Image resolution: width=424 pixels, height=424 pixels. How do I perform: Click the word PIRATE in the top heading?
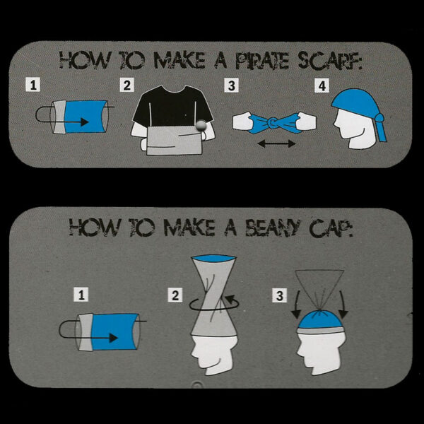[262, 60]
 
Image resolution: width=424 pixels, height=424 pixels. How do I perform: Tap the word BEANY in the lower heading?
[273, 227]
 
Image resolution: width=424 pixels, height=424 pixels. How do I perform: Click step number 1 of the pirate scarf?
[33, 85]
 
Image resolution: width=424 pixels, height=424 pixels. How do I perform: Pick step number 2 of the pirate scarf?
[127, 85]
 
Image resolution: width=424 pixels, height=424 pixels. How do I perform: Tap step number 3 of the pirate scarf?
[232, 86]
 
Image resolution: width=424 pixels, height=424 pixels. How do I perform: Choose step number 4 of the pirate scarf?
[322, 86]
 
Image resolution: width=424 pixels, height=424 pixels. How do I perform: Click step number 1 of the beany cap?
[81, 294]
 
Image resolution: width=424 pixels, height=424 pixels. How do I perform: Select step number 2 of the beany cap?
[175, 295]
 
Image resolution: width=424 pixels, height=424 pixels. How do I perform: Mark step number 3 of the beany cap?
[280, 295]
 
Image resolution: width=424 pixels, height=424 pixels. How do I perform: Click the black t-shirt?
[173, 107]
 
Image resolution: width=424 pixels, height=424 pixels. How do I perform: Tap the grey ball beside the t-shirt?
[201, 126]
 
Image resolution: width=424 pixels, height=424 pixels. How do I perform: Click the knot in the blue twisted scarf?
[272, 123]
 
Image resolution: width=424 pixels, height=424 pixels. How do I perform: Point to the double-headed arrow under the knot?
[276, 143]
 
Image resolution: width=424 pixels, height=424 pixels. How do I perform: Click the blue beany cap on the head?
[320, 319]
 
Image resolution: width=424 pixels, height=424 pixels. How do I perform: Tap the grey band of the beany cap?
[320, 331]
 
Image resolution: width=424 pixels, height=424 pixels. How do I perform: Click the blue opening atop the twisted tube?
[213, 258]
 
